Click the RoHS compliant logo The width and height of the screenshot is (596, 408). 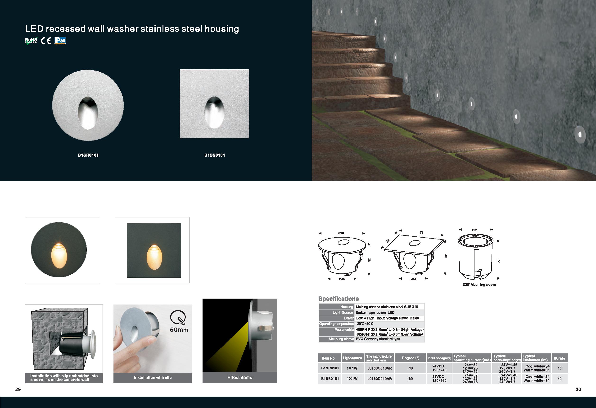[31, 41]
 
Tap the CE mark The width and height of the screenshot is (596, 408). [46, 41]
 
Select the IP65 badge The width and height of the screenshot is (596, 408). [60, 41]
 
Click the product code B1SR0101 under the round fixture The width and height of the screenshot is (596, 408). [88, 155]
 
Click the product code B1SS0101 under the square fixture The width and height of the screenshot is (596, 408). [215, 155]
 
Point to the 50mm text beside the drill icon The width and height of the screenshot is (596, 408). [179, 330]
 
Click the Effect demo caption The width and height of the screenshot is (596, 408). [240, 377]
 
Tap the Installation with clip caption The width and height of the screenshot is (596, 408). [153, 377]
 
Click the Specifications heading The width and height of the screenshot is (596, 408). [339, 299]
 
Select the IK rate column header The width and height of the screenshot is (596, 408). [559, 358]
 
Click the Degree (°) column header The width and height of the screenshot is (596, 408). [411, 358]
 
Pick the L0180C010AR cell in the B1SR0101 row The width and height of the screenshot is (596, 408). [379, 368]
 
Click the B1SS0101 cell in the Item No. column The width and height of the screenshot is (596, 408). [330, 379]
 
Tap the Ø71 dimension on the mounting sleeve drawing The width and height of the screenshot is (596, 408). [475, 230]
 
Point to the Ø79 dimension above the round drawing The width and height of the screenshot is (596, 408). [341, 233]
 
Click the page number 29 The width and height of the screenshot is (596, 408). [18, 389]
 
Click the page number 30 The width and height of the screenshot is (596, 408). [578, 389]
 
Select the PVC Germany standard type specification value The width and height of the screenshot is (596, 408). [378, 339]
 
